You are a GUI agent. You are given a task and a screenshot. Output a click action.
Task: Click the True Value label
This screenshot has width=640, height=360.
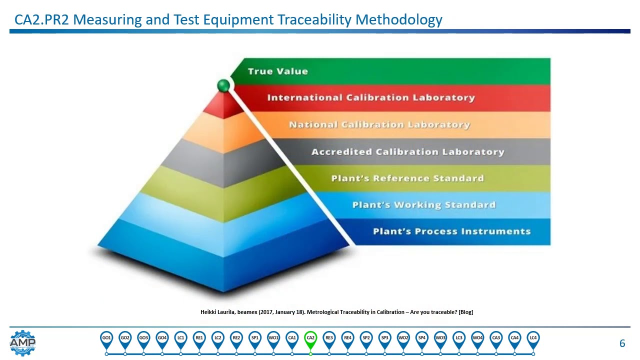[x=277, y=71]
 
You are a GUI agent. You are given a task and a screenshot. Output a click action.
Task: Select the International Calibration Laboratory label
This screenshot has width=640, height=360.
[x=370, y=98]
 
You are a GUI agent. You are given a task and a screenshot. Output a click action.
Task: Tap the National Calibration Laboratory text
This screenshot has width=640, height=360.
[x=379, y=125]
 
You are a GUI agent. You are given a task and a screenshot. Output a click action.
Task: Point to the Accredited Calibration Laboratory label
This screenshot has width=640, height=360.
[x=407, y=152]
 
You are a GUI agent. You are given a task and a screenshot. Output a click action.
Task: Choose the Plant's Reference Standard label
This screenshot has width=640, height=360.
[x=407, y=178]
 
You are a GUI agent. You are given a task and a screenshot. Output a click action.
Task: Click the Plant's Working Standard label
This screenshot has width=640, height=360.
[x=423, y=205]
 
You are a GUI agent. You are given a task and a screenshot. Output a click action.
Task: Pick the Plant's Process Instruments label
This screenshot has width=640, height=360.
[x=451, y=231]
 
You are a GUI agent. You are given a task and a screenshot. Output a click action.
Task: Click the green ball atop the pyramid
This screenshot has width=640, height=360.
[x=223, y=85]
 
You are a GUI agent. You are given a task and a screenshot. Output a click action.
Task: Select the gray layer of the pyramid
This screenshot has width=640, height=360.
[x=220, y=160]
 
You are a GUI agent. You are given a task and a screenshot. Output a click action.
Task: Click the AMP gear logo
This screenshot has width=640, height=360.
[x=22, y=343]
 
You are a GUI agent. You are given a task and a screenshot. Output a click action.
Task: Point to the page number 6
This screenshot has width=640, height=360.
[x=622, y=343]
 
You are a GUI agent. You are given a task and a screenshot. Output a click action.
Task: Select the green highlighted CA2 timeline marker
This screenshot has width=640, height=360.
[x=310, y=338]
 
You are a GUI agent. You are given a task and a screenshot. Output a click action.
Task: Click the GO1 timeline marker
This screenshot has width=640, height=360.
[x=106, y=338]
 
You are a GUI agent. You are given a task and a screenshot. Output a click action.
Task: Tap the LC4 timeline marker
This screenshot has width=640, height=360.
[x=533, y=338]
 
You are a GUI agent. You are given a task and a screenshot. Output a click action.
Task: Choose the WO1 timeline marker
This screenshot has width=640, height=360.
[x=273, y=338]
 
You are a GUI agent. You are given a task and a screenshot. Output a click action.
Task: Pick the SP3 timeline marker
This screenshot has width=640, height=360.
[x=384, y=338]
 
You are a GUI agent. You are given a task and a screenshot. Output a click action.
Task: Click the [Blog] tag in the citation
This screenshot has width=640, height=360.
[x=465, y=312]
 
